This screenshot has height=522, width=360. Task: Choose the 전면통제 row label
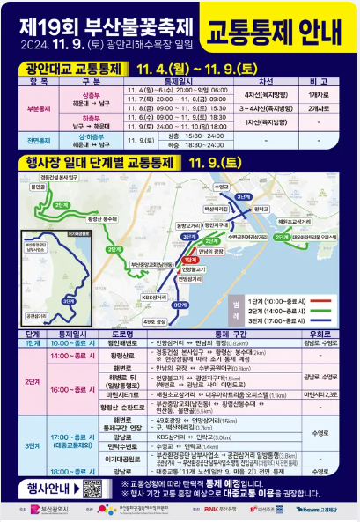point(38,140)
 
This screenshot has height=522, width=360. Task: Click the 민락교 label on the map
point(261,210)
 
